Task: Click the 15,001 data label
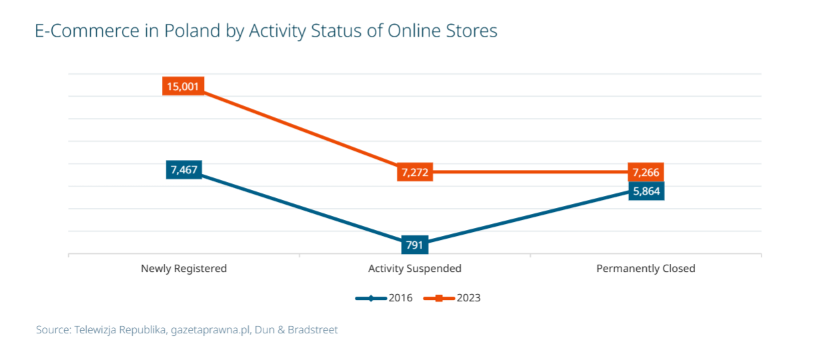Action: (183, 87)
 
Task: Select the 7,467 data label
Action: (183, 169)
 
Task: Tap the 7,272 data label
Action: (414, 173)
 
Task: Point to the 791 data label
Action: (414, 245)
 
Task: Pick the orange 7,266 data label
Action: (646, 173)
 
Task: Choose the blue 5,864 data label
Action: (646, 191)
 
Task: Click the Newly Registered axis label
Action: (183, 269)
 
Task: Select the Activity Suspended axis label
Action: (414, 269)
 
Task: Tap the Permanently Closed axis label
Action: (646, 269)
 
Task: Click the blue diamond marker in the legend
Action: (371, 298)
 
